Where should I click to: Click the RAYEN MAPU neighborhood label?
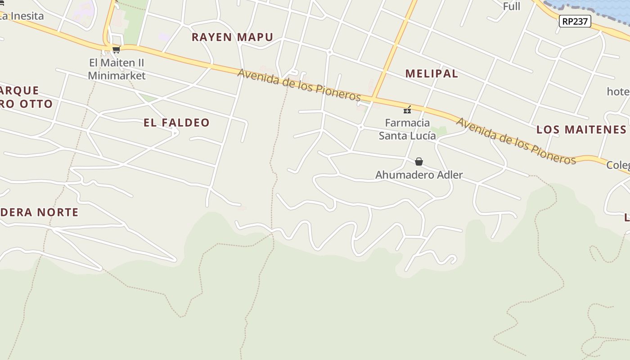(232, 37)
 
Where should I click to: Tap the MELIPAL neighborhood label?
(432, 74)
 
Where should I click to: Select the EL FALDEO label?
(176, 122)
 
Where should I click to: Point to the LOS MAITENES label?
(581, 130)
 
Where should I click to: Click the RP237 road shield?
(575, 21)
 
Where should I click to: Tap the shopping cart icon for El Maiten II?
(116, 49)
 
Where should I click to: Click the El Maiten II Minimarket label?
(117, 69)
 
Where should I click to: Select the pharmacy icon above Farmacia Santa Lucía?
(407, 110)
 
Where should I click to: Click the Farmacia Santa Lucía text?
(407, 129)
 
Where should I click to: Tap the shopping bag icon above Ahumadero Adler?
(419, 162)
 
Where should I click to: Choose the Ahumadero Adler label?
(419, 175)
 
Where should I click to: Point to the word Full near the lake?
(512, 6)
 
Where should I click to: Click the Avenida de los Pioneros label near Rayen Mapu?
(299, 85)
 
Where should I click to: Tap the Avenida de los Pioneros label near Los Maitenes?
(516, 141)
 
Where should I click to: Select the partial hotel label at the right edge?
(618, 92)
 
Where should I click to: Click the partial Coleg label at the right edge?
(618, 165)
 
